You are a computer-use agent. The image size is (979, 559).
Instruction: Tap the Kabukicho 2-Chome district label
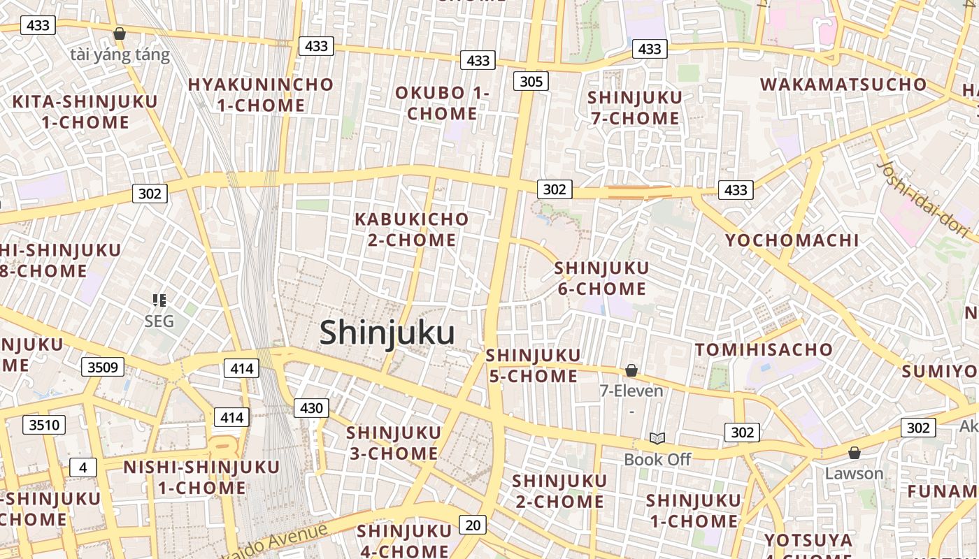click(412, 229)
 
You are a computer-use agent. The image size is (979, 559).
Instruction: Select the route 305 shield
click(531, 81)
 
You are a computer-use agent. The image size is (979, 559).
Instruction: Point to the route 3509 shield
click(103, 367)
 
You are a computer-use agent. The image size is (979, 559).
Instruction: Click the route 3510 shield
click(44, 424)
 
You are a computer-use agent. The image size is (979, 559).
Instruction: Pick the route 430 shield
click(311, 408)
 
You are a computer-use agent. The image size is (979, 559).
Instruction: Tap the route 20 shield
click(473, 525)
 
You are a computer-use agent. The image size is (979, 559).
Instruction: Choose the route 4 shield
click(83, 467)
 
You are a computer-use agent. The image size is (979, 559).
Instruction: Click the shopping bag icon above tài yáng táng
click(120, 34)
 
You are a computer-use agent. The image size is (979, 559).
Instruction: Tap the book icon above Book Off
click(657, 438)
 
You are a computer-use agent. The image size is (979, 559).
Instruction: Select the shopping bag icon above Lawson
click(854, 453)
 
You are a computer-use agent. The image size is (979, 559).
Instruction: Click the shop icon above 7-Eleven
click(631, 370)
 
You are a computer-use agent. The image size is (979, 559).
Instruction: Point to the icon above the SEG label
click(159, 301)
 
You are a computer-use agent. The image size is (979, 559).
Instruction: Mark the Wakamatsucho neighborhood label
click(843, 85)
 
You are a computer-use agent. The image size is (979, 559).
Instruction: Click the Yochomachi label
click(792, 240)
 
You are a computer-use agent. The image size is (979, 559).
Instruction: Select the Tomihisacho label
click(764, 349)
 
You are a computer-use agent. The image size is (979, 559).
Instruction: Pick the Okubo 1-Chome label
click(442, 103)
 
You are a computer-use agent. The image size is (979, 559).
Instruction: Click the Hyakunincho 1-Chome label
click(261, 95)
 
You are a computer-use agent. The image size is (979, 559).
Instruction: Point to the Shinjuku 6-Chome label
click(601, 278)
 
